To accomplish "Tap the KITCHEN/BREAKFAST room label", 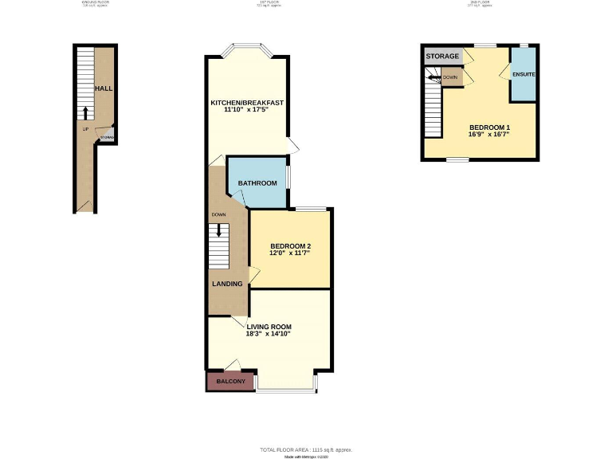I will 247,103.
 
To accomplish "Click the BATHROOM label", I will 257,183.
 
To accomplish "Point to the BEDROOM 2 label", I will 290,245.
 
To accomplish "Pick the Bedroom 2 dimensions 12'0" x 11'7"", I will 290,253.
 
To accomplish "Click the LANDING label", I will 227,283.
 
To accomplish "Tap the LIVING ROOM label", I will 269,327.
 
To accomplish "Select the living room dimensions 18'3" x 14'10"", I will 269,334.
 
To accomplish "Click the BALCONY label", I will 230,382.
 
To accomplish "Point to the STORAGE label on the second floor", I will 443,57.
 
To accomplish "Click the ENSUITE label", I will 524,75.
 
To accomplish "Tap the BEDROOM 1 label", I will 489,127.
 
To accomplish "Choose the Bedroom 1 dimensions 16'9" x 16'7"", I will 489,135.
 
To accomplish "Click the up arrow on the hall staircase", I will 85,112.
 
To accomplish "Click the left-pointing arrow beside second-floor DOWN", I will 433,77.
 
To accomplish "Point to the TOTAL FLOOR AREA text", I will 306,450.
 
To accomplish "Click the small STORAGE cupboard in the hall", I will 107,137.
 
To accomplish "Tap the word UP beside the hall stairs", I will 84,127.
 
